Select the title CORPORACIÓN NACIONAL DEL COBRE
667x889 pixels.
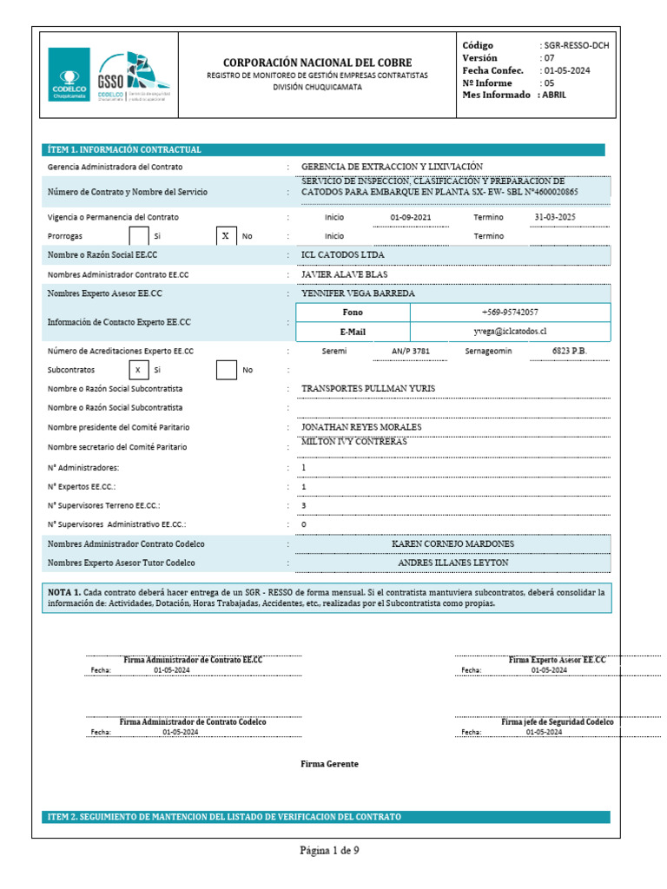318,63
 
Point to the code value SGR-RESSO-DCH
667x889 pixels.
574,45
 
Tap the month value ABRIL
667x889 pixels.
552,95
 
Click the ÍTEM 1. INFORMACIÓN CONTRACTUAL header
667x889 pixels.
124,150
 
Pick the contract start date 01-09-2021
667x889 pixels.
411,216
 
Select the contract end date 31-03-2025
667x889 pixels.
555,216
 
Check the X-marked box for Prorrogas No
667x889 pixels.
225,235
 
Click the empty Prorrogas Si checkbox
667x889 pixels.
139,235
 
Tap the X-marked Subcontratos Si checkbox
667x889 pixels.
139,370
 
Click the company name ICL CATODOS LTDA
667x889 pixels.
342,255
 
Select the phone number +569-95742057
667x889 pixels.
509,312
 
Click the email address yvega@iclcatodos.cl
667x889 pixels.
510,332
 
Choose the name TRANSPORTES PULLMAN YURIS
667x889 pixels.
367,388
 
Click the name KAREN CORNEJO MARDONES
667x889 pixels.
453,544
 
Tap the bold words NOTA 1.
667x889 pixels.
64,591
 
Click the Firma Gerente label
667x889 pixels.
329,764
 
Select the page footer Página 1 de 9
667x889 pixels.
329,851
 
